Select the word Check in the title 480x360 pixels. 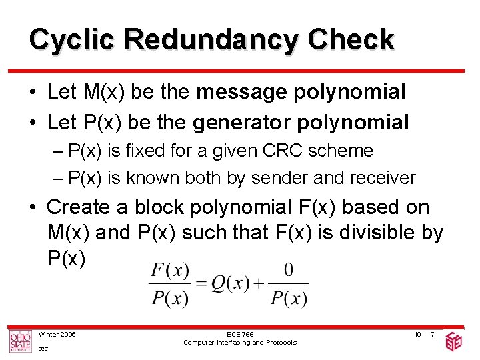click(351, 39)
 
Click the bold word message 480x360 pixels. click(244, 92)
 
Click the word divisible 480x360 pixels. click(371, 233)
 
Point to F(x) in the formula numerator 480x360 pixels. click(170, 270)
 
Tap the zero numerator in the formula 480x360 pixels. click(289, 269)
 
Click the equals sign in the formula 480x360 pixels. click(200, 283)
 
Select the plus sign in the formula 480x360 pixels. click(258, 283)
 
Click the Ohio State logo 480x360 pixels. click(19, 341)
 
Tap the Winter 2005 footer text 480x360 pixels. click(57, 334)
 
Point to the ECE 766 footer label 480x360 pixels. click(240, 334)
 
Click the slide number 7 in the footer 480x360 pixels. click(432, 334)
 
